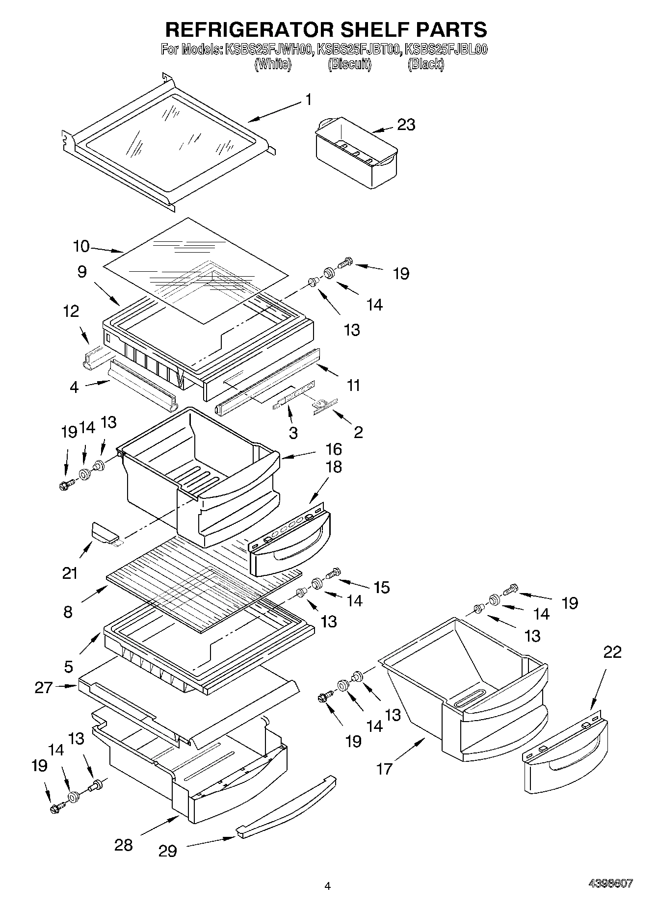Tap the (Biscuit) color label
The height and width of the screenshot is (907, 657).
click(349, 64)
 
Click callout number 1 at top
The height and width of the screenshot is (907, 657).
click(308, 100)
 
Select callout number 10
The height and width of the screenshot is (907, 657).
click(81, 246)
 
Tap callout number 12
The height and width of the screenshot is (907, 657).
click(71, 311)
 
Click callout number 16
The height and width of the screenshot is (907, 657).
click(334, 449)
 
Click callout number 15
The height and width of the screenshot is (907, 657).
click(381, 587)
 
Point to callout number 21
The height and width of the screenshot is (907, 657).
click(70, 572)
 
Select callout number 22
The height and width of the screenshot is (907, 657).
click(612, 652)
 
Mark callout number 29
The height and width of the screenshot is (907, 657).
click(167, 851)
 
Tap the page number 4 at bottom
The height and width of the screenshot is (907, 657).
click(328, 885)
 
